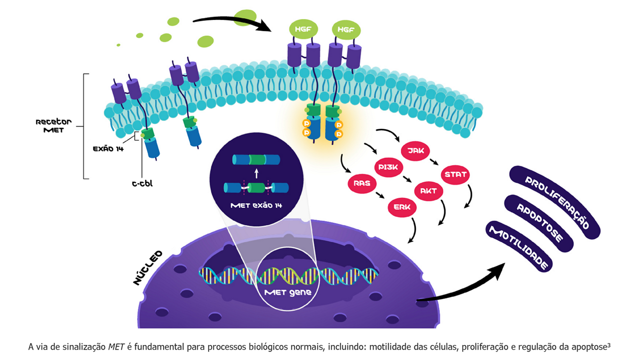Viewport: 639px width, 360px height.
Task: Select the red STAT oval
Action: click(455, 175)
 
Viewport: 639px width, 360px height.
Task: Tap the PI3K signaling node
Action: click(388, 167)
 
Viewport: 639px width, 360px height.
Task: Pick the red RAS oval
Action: click(361, 183)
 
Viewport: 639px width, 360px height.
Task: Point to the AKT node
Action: click(428, 191)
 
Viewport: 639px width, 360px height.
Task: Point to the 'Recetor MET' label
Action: click(53, 125)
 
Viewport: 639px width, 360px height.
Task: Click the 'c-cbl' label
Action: click(142, 184)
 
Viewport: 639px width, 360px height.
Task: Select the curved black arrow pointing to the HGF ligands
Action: click(232, 21)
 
